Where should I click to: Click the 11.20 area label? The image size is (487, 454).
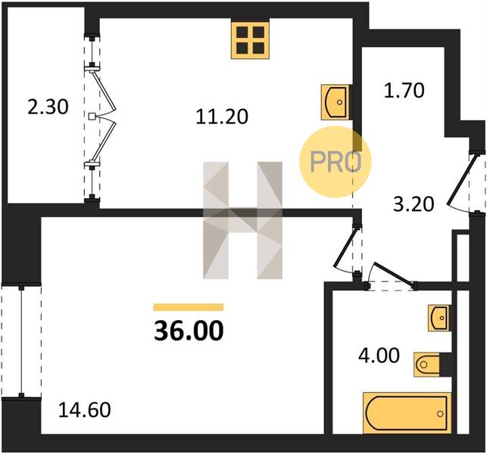point(222,117)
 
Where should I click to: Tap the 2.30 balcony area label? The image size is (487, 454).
point(48,107)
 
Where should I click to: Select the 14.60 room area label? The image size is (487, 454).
point(85,409)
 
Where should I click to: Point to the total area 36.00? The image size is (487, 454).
point(189,331)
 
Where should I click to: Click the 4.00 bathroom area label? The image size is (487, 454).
point(379,356)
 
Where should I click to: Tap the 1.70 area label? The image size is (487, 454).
point(404,91)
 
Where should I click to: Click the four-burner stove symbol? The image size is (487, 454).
point(250,40)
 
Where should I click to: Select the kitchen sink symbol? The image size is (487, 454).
point(335,102)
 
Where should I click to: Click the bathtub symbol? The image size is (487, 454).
point(407,413)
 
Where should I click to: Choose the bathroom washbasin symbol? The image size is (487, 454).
point(439,318)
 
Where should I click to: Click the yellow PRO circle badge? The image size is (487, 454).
point(335,161)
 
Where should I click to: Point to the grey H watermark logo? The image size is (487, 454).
point(242,220)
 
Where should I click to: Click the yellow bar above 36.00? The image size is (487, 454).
point(189,307)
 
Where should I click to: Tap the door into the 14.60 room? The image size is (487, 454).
point(346,248)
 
